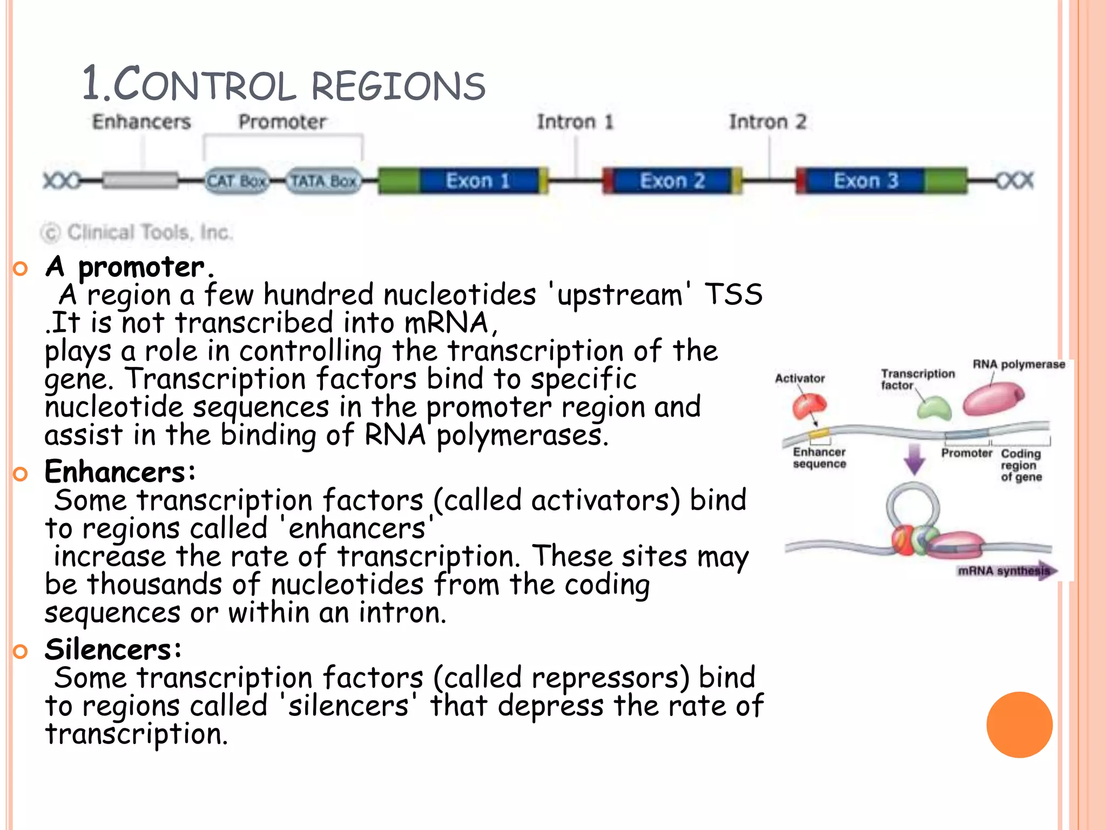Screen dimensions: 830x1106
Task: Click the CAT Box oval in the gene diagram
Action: coord(236,181)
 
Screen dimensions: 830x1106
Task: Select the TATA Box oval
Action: coord(323,181)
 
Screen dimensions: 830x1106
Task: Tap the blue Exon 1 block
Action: coord(478,180)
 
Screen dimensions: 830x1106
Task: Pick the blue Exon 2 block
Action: coord(672,180)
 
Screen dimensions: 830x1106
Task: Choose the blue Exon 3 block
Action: coord(866,180)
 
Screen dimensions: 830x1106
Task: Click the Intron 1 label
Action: coord(575,122)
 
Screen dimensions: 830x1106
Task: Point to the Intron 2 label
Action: coord(767,122)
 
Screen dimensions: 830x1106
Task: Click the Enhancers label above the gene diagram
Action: coord(141,122)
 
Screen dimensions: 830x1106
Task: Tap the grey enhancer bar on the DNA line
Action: coord(140,180)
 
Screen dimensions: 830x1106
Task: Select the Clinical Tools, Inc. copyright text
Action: coord(137,233)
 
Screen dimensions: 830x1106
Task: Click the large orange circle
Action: coord(1019,725)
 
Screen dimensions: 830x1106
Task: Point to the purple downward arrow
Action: coord(914,459)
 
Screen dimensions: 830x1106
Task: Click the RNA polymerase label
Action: coord(1019,365)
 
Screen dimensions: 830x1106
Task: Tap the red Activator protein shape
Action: coord(808,406)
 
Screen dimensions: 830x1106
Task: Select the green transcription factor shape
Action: coord(934,408)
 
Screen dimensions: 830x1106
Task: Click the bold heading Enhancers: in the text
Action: coord(120,472)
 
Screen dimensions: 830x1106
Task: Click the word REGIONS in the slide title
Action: coord(398,86)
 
